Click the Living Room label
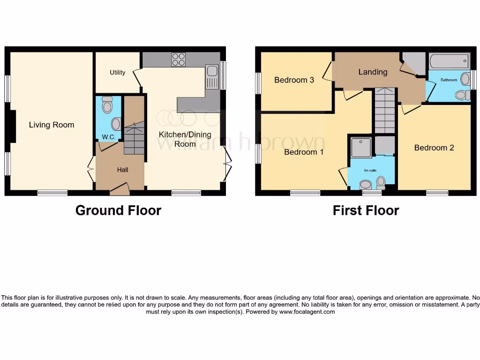tap(52, 125)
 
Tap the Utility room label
tap(117, 73)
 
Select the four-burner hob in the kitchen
tap(179, 60)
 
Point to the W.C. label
tap(109, 137)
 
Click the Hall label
tap(123, 170)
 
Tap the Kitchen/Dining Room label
tap(185, 139)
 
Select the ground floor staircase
tap(134, 131)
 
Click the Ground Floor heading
tap(118, 210)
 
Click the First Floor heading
tap(366, 210)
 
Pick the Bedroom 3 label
tap(294, 80)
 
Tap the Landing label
tap(373, 72)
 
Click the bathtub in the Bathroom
tap(449, 61)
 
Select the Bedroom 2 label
tap(434, 148)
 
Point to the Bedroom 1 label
tap(304, 152)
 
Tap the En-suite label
tap(370, 171)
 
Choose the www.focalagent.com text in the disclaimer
tap(307, 312)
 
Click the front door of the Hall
tap(120, 190)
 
